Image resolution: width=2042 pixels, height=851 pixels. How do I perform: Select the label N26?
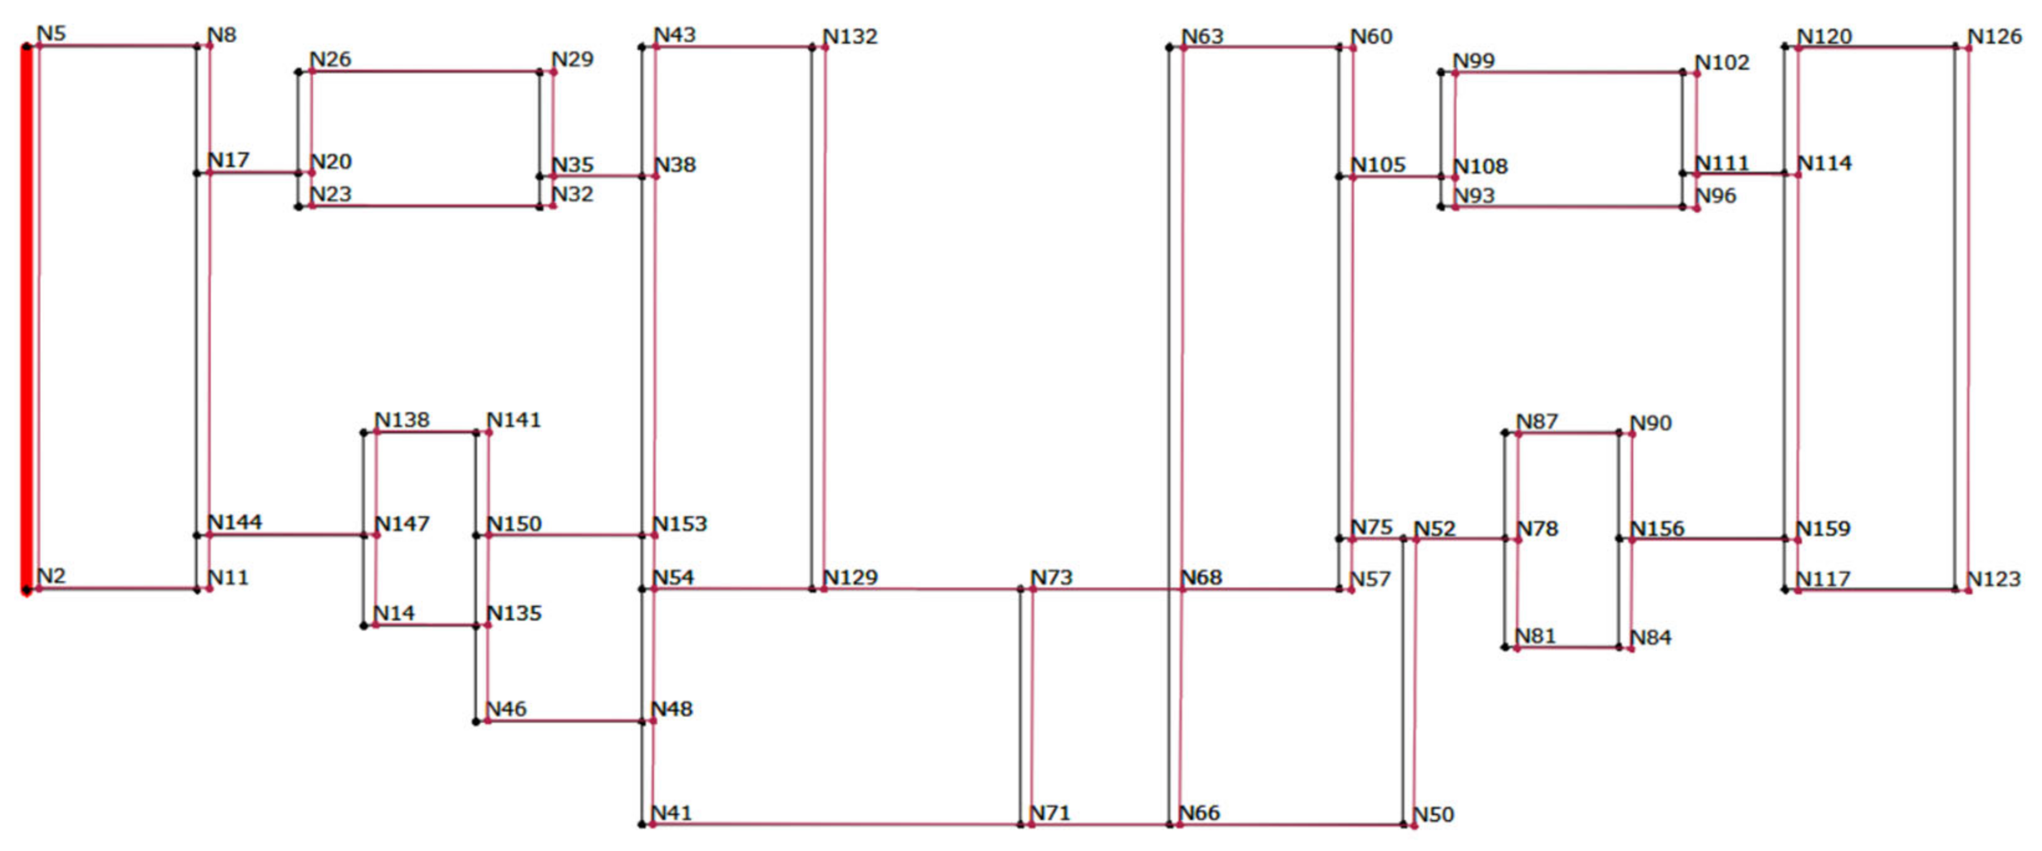tap(330, 60)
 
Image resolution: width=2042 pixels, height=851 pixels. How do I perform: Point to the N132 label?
tap(850, 37)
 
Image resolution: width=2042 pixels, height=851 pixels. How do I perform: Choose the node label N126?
tap(1995, 37)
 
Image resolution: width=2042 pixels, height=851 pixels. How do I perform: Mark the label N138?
tap(402, 420)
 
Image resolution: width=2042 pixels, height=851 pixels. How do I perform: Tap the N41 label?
tap(671, 813)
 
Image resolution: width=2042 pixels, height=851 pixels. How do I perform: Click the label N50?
tap(1434, 814)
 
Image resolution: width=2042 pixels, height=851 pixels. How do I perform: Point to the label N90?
tap(1651, 423)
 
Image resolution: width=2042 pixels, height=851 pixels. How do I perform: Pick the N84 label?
tap(1651, 638)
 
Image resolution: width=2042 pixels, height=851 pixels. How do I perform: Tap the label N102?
tap(1722, 63)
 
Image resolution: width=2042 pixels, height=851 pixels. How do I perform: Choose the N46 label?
tap(506, 709)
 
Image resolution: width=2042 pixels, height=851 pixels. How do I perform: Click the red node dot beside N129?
tap(824, 588)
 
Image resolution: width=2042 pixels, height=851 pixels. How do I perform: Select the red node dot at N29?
tap(553, 72)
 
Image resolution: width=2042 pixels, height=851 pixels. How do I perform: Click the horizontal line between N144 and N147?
tap(286, 535)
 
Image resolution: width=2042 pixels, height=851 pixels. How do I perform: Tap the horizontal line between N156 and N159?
tap(1709, 539)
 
